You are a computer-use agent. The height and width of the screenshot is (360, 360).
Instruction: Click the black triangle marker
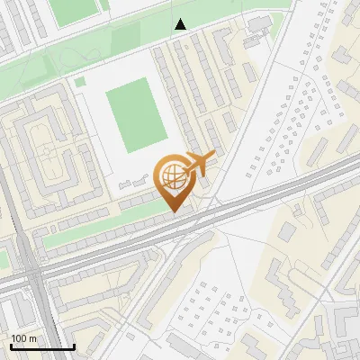(x=181, y=24)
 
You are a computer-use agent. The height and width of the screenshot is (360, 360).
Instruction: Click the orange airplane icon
(x=200, y=164)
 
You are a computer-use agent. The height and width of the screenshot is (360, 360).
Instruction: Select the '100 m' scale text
(x=24, y=337)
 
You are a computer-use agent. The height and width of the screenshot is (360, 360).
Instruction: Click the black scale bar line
(x=42, y=346)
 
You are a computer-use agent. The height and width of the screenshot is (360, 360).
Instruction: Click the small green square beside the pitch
(x=80, y=82)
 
